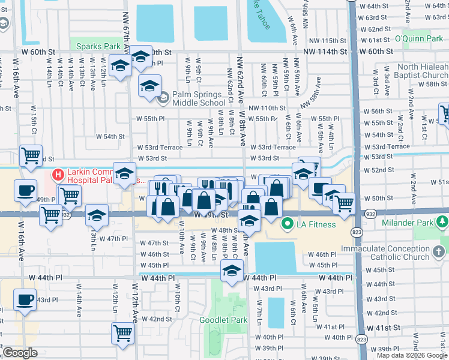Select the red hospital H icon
tap(58, 175)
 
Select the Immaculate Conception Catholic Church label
tap(394, 252)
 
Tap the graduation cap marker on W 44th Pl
tap(231, 271)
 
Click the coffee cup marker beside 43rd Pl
tap(25, 301)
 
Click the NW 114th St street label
tap(325, 52)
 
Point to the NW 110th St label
tap(267, 107)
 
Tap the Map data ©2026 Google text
tap(411, 355)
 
